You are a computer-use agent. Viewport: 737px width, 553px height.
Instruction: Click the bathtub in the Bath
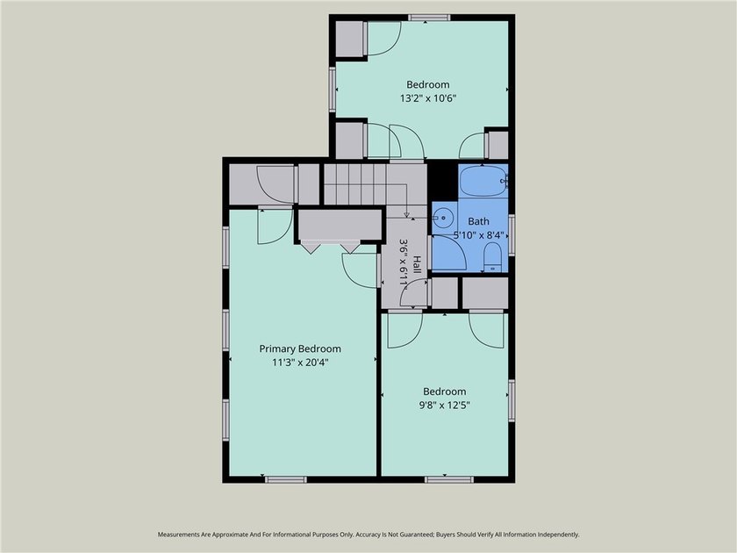(x=483, y=181)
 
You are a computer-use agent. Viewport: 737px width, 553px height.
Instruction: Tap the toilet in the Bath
(x=492, y=256)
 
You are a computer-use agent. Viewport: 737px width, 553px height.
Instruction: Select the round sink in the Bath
(x=443, y=218)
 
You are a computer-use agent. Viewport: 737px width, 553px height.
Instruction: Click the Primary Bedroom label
(x=300, y=349)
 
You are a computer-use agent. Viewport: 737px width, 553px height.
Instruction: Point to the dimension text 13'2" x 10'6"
(x=428, y=98)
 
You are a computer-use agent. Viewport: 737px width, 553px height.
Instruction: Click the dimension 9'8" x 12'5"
(x=445, y=405)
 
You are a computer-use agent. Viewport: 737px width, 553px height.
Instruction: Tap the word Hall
(x=417, y=265)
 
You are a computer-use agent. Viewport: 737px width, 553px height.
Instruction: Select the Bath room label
(x=478, y=221)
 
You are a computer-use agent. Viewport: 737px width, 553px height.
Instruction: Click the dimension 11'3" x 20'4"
(x=300, y=363)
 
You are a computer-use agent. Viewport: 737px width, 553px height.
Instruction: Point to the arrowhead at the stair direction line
(x=406, y=215)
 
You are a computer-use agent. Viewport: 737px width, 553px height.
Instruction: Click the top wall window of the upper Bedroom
(x=429, y=18)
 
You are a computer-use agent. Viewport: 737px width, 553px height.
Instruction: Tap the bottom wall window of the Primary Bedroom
(x=286, y=479)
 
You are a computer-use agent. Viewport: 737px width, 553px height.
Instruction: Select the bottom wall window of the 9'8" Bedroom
(x=449, y=479)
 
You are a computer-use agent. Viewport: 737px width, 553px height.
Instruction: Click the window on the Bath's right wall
(x=512, y=235)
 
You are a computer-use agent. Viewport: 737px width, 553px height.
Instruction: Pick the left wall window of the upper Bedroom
(x=333, y=90)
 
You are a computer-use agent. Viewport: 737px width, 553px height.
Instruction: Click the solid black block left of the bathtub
(x=442, y=181)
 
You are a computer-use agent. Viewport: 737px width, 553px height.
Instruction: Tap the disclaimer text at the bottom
(x=368, y=535)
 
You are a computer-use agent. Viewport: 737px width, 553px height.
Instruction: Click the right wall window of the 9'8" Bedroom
(x=512, y=400)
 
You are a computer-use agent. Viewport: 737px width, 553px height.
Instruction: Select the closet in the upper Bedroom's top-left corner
(x=351, y=39)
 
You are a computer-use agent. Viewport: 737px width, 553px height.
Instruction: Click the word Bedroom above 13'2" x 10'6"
(x=428, y=84)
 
